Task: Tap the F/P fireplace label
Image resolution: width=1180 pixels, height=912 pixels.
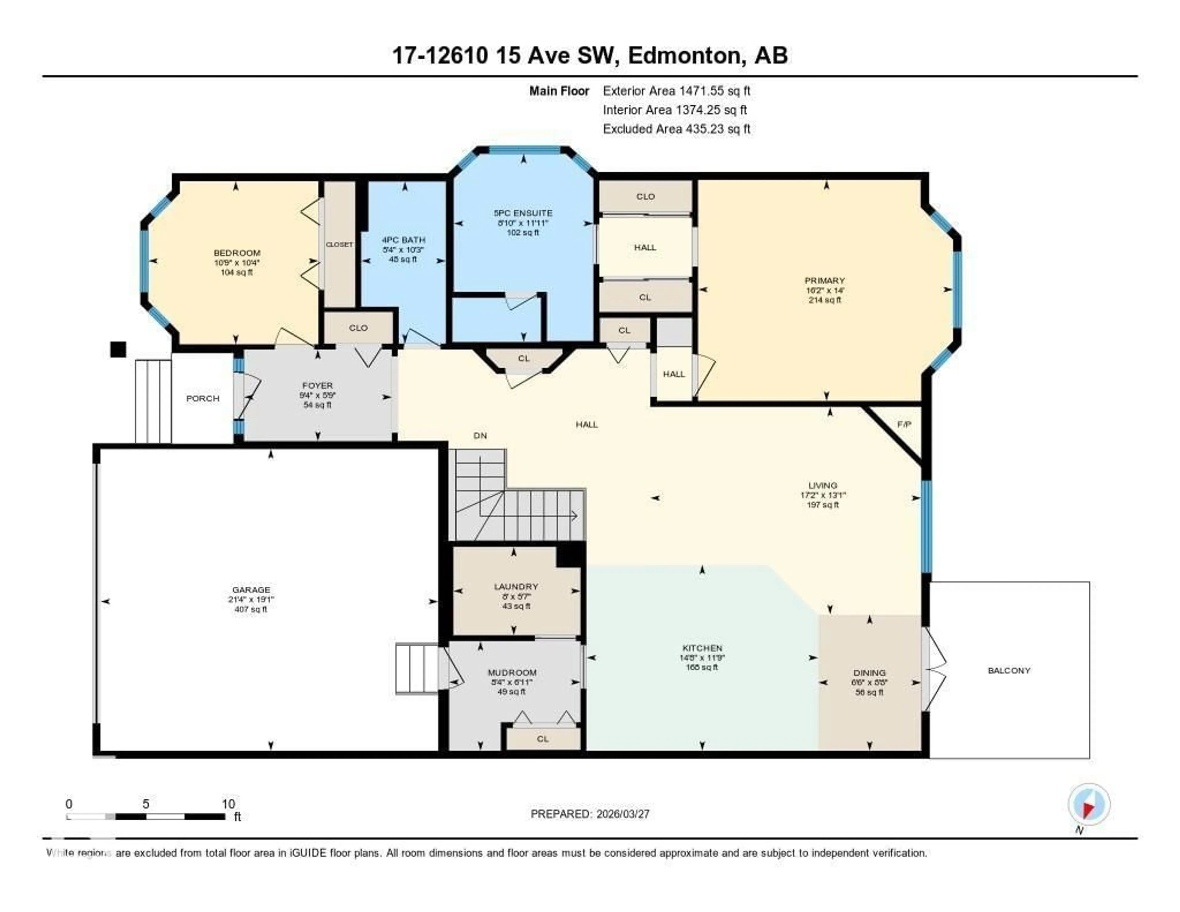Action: pyautogui.click(x=904, y=424)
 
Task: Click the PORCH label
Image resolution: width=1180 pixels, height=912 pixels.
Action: pyautogui.click(x=203, y=399)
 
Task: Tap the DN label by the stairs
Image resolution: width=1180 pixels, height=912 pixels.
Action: pyautogui.click(x=480, y=436)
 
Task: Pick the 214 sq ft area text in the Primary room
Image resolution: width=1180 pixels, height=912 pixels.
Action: pyautogui.click(x=824, y=300)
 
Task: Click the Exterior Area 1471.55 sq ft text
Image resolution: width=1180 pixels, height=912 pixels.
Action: pyautogui.click(x=676, y=91)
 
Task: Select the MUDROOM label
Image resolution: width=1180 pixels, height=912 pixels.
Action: pyautogui.click(x=512, y=672)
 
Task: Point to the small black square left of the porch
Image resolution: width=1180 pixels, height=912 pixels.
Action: pyautogui.click(x=118, y=349)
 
